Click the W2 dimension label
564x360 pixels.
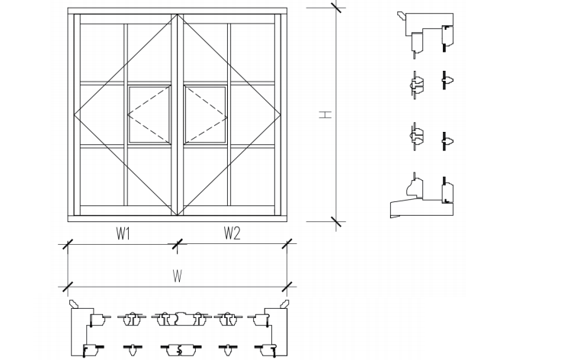(232, 234)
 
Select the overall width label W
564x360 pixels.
(177, 277)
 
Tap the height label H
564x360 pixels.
(325, 114)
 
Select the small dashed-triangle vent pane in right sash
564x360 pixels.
(205, 114)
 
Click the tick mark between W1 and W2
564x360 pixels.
(177, 244)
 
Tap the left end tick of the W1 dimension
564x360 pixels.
(67, 244)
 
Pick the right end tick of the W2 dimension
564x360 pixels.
(287, 244)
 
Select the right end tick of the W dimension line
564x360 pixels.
(287, 287)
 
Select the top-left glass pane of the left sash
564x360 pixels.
(101, 53)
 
